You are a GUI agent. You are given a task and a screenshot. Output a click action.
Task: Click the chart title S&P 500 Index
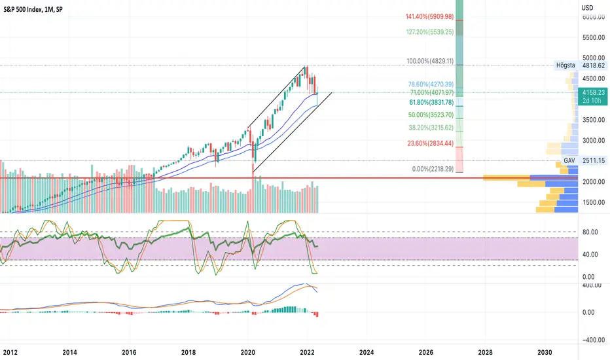(30, 7)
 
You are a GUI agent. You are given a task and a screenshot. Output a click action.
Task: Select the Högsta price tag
(565, 65)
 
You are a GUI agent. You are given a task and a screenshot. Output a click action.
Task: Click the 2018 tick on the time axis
(188, 351)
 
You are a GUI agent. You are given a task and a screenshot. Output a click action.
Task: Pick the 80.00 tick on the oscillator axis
(590, 231)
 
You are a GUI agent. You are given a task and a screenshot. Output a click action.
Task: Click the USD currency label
(587, 7)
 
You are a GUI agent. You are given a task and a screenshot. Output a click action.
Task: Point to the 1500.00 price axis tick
(592, 202)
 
